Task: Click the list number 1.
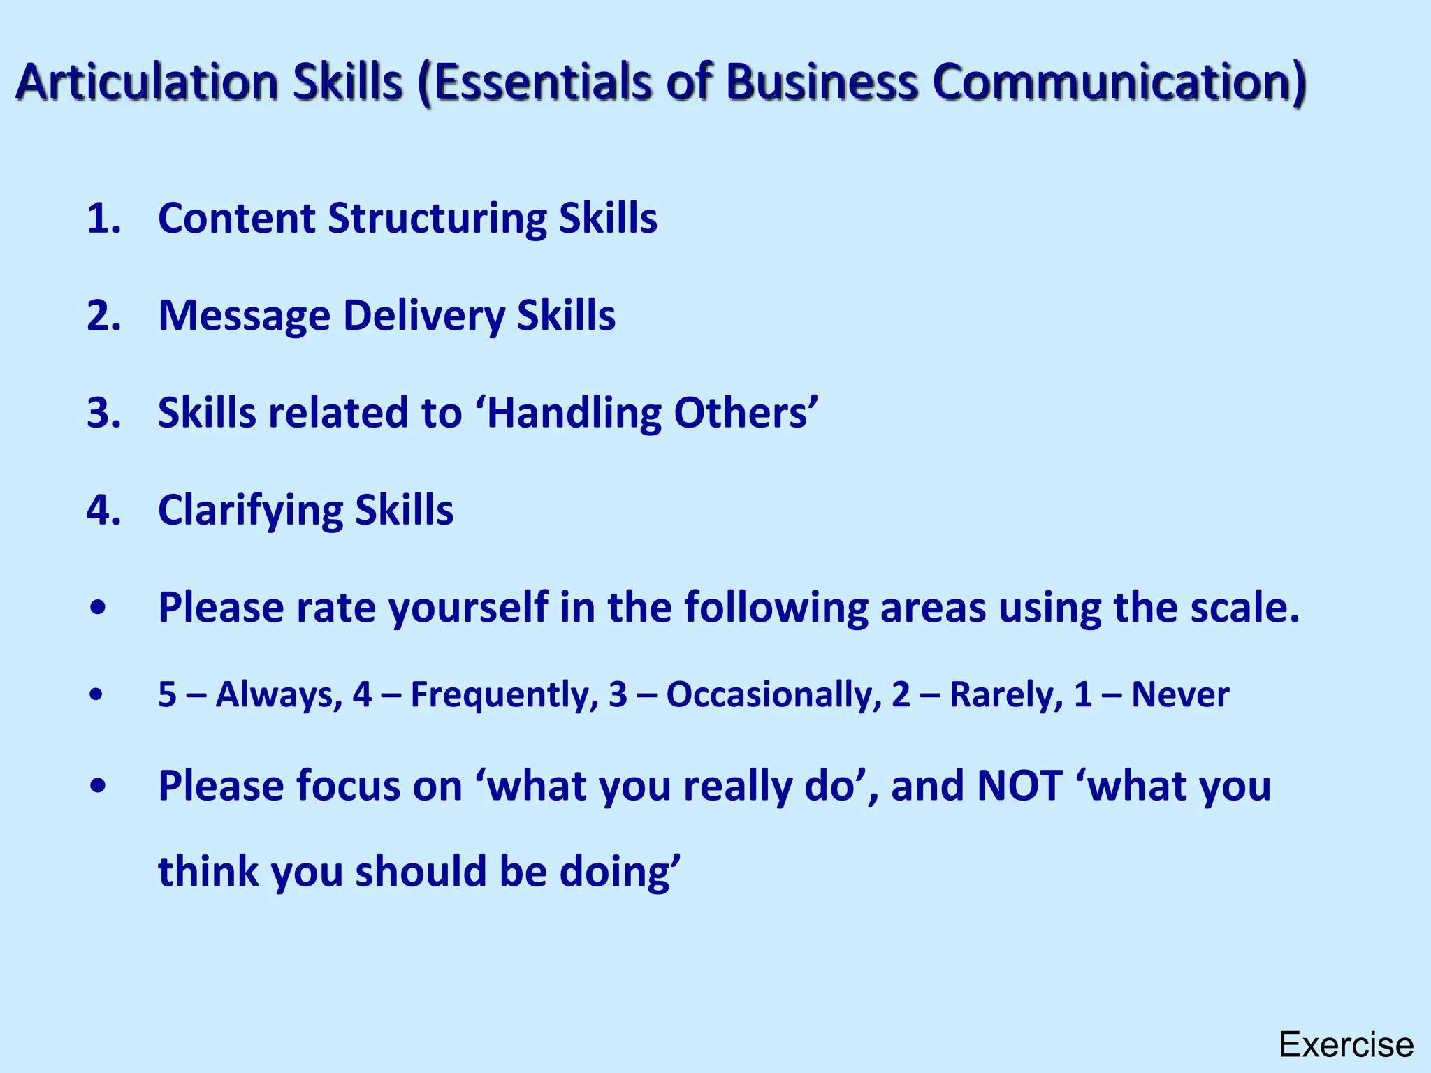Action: coord(103,218)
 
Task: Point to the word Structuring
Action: coord(437,218)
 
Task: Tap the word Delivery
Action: coord(423,316)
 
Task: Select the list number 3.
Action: coord(103,413)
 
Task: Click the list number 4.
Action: coord(103,510)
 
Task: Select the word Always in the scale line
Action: coord(278,695)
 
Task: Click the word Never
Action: coord(1180,695)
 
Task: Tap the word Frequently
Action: coord(504,695)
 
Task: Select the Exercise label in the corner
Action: coord(1346,1046)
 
